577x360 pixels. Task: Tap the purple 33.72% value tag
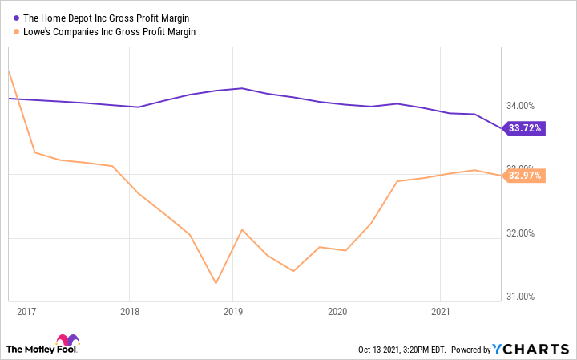[x=525, y=128]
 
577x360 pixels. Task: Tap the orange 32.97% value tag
[x=525, y=176]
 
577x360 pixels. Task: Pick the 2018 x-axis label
[x=129, y=309]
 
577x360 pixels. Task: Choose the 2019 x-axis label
[x=233, y=309]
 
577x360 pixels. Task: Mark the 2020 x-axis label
[x=337, y=309]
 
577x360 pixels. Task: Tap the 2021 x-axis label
[x=441, y=309]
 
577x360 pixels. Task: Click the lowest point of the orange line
[x=216, y=283]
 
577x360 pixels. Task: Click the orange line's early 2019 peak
[x=242, y=229]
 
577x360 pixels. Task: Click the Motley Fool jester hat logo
[x=68, y=340]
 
